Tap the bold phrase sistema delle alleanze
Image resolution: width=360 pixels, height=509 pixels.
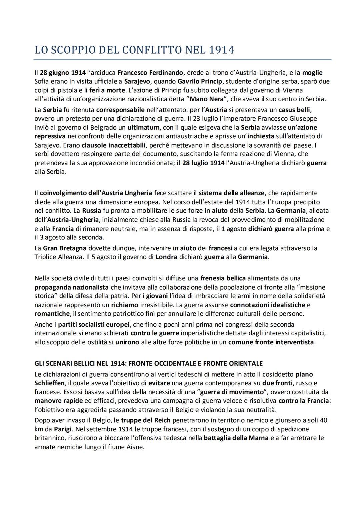coord(231,193)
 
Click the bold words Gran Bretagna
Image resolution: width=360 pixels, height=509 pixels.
coord(65,248)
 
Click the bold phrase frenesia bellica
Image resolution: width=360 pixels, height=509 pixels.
coord(223,278)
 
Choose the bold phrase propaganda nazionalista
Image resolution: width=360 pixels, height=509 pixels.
coord(71,287)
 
